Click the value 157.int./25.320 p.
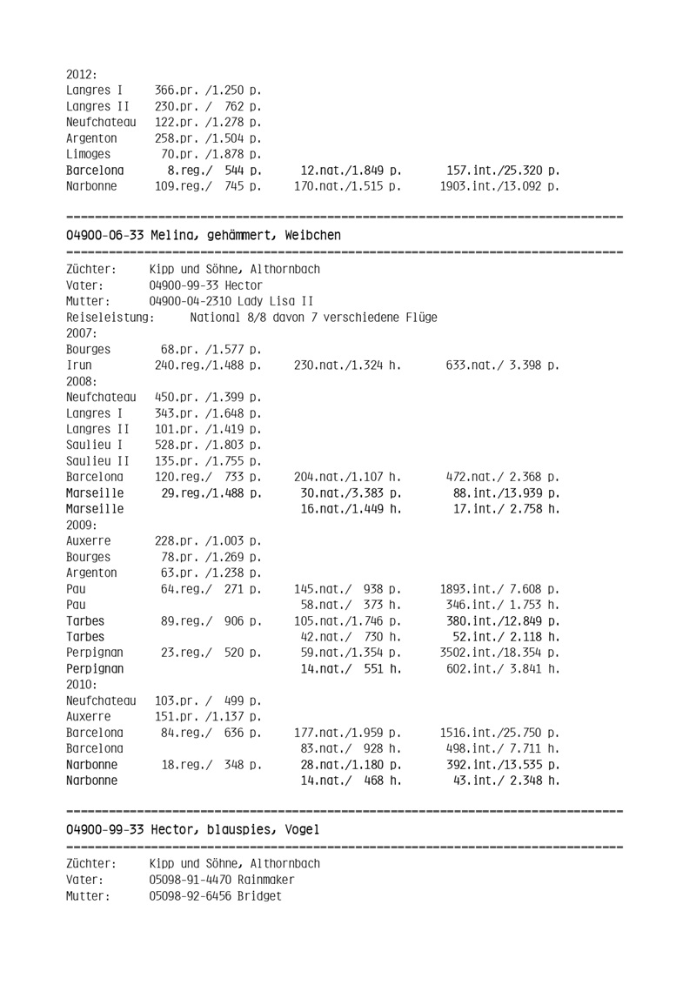point(502,170)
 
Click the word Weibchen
point(311,235)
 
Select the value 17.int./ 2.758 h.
point(505,509)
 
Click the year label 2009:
point(81,525)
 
